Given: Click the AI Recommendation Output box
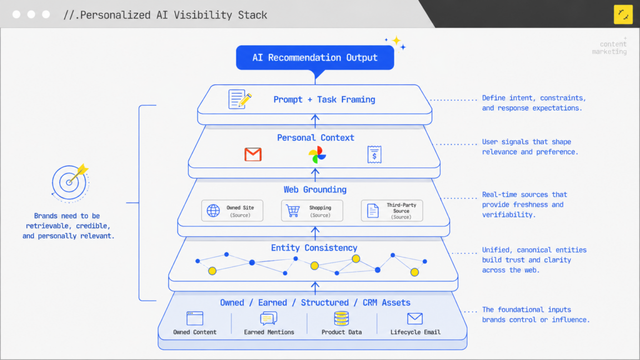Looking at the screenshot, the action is tap(315, 57).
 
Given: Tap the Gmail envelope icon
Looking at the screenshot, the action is tap(253, 155).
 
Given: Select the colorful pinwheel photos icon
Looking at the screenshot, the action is tap(317, 155).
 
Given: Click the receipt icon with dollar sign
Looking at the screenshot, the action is tap(374, 155).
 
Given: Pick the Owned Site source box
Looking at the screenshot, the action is tap(232, 211).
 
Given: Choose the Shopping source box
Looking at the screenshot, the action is tap(312, 211).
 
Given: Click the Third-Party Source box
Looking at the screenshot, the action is tap(392, 211).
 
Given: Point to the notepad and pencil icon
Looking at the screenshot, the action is tap(239, 99).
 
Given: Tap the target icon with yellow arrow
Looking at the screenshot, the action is tap(70, 182).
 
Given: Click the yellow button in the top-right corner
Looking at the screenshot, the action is tap(623, 15).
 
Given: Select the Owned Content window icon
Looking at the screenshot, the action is tap(195, 318).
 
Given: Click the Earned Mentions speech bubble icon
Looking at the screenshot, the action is tap(269, 318).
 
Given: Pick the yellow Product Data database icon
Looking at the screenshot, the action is tap(341, 318).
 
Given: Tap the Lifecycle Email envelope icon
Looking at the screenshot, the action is tap(415, 318).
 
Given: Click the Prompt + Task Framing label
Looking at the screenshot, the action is tap(324, 99).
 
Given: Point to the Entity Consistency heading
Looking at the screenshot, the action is tap(314, 247).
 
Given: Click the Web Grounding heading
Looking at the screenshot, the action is tap(315, 190).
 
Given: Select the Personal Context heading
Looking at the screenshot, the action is tap(316, 138).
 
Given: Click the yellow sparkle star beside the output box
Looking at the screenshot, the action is tap(396, 41).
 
